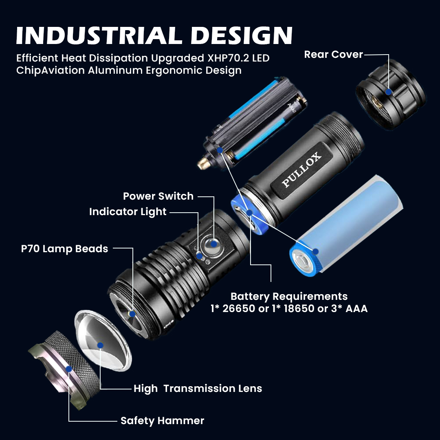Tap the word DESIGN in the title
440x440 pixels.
point(241,35)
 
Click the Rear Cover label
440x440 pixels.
point(333,55)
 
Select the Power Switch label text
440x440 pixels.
point(158,196)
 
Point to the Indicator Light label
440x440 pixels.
point(128,212)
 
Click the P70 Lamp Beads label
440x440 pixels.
point(64,249)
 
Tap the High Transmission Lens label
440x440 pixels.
point(198,389)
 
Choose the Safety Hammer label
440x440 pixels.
point(162,420)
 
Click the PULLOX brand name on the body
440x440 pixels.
point(301,170)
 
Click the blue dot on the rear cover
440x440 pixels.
point(389,92)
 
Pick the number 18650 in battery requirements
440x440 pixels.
point(299,309)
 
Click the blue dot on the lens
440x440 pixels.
point(100,345)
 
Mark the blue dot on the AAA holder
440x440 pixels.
point(220,150)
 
